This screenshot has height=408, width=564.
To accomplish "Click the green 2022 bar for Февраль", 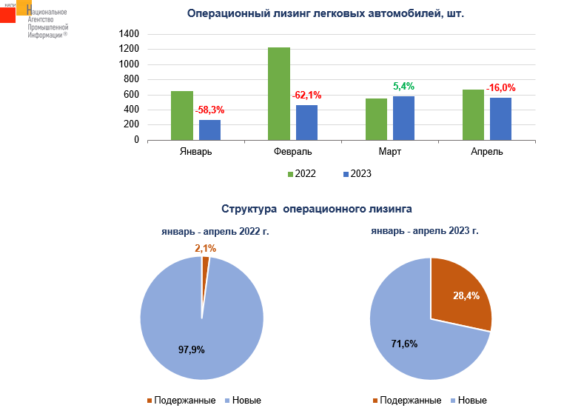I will [279, 93].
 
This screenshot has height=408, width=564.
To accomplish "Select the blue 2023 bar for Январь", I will [209, 130].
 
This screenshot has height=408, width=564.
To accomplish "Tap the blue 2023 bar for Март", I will [404, 118].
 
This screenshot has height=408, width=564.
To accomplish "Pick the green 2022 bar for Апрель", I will [473, 115].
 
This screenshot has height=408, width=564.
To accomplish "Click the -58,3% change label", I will [209, 110].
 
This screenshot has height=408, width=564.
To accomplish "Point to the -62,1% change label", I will [307, 96].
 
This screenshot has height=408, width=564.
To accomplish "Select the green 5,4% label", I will [404, 87].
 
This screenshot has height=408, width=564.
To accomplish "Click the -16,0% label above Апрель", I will [501, 88].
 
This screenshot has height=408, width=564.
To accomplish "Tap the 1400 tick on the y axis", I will [130, 34].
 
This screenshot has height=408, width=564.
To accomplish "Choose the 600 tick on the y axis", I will [132, 95].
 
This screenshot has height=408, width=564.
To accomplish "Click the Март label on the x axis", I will [390, 152].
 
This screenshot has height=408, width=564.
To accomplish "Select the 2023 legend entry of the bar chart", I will [357, 174].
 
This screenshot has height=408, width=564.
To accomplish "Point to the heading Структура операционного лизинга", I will [316, 210].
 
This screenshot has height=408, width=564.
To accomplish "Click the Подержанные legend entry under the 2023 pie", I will [407, 401].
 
